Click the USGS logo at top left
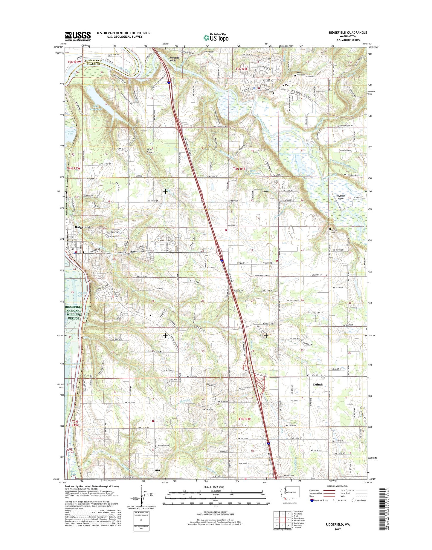[78, 36]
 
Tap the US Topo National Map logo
[216, 38]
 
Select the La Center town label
[287, 85]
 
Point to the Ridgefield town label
[83, 227]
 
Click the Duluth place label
[317, 385]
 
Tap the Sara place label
[156, 470]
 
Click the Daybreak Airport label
[341, 197]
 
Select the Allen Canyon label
[150, 151]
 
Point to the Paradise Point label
[175, 59]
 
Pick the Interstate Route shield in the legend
[312, 500]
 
